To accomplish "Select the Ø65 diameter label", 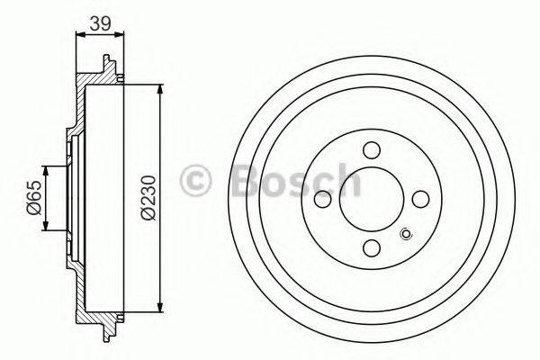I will click(x=32, y=198).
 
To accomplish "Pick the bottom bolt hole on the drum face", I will click(x=371, y=248).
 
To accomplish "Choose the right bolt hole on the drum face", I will click(x=419, y=200).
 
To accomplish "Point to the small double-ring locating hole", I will click(x=405, y=237).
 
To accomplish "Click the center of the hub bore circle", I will click(x=371, y=200).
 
